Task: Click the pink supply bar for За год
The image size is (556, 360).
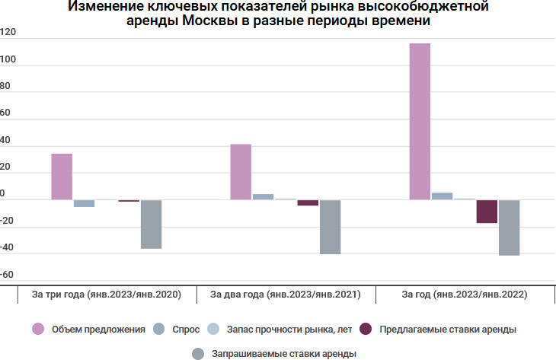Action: [420, 122]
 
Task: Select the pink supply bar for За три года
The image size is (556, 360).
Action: [62, 177]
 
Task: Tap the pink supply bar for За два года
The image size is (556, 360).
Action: [241, 172]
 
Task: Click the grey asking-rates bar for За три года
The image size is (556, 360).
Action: [151, 224]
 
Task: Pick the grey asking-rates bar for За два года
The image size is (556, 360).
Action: [330, 227]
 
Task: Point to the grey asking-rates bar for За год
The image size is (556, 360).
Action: [509, 228]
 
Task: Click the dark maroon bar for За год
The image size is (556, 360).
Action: [487, 212]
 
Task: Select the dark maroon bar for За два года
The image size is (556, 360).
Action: [308, 203]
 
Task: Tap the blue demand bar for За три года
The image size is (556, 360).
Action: [84, 203]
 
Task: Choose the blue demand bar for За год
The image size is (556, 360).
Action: [442, 196]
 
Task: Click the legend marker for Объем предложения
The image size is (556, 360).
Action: [37, 330]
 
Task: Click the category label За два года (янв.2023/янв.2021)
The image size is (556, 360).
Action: [285, 294]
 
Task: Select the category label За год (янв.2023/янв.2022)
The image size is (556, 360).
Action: [464, 294]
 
